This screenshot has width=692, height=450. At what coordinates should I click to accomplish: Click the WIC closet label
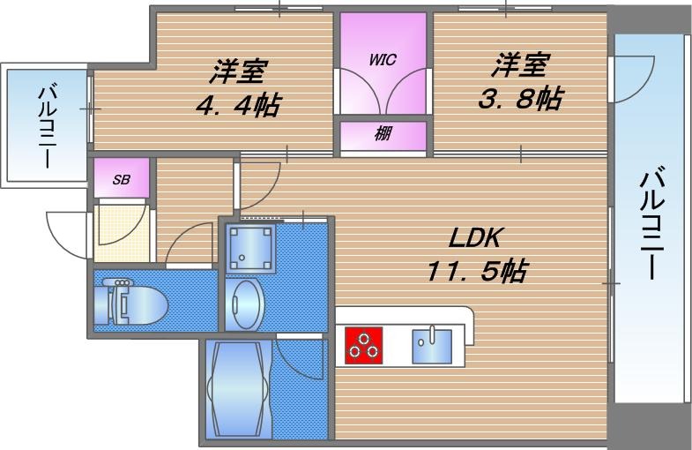point(382,60)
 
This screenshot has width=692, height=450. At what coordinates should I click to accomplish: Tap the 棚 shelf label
point(383,135)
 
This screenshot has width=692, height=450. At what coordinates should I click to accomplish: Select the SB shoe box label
point(121,179)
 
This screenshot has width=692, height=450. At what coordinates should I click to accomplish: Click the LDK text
point(476,238)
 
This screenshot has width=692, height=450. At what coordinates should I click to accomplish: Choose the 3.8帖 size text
point(520,98)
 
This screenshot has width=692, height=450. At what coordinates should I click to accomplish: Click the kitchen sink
point(432,345)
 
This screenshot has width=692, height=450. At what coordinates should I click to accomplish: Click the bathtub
point(235,388)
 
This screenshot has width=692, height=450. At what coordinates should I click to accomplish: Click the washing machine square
point(250,247)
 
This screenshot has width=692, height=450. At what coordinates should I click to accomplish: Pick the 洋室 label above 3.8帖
point(521,64)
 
